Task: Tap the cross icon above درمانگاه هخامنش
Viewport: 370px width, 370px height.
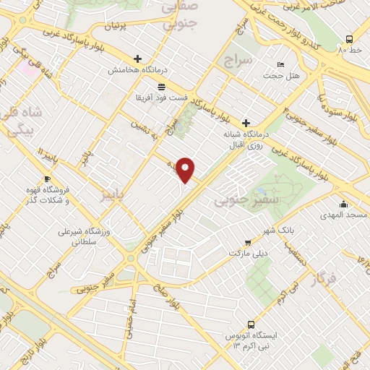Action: point(138,59)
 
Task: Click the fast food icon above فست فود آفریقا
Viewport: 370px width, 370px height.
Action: point(161,86)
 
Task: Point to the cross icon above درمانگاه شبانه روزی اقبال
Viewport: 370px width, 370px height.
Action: point(246,123)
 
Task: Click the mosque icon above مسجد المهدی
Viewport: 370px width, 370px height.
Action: point(345,205)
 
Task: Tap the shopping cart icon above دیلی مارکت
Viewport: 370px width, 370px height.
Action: point(248,243)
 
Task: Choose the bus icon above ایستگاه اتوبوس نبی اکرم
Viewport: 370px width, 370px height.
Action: point(251,325)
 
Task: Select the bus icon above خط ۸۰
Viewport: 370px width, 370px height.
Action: point(350,40)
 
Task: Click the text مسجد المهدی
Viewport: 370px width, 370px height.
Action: point(347,215)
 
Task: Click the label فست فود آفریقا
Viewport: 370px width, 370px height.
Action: point(162,96)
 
